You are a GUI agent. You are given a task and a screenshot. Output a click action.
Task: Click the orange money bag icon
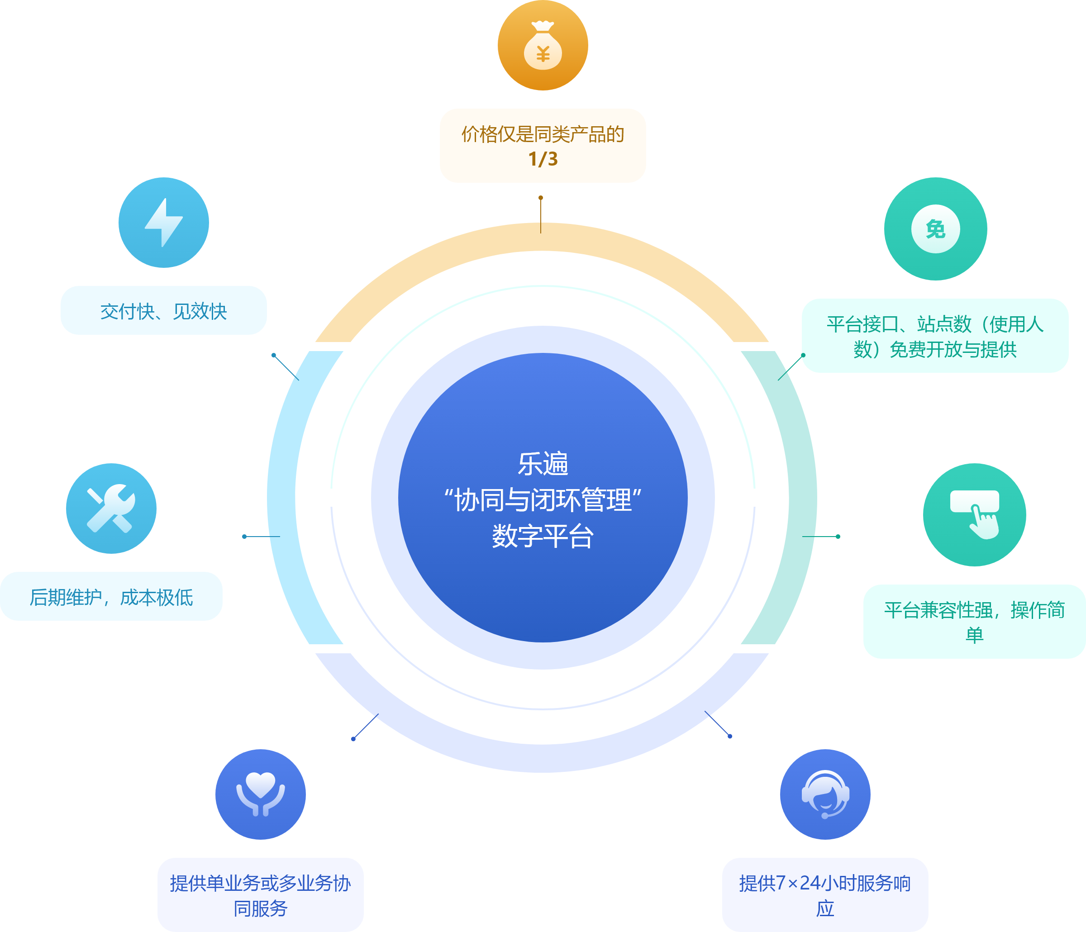pyautogui.click(x=543, y=46)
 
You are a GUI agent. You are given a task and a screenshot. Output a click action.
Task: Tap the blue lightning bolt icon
pyautogui.click(x=163, y=222)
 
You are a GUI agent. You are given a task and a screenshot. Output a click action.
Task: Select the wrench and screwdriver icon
pyautogui.click(x=111, y=509)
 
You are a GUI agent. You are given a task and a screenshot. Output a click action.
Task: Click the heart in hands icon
pyautogui.click(x=261, y=794)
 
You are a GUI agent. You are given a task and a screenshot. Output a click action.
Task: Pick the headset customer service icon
pyautogui.click(x=825, y=794)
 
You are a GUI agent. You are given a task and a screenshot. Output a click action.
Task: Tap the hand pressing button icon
pyautogui.click(x=974, y=514)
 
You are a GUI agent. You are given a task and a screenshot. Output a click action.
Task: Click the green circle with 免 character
pyautogui.click(x=936, y=229)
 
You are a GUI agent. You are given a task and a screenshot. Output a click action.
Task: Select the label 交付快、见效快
pyautogui.click(x=163, y=311)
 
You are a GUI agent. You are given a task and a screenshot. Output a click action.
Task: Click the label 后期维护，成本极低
pyautogui.click(x=111, y=596)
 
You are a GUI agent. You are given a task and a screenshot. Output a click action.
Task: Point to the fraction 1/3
pyautogui.click(x=543, y=159)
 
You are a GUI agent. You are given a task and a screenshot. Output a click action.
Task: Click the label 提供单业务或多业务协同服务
pyautogui.click(x=261, y=895)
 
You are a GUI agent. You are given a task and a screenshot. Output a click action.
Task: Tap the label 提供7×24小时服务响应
pyautogui.click(x=825, y=895)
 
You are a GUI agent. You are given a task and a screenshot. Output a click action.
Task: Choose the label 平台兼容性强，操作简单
pyautogui.click(x=974, y=622)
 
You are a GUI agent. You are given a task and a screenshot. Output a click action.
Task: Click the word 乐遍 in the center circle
pyautogui.click(x=543, y=464)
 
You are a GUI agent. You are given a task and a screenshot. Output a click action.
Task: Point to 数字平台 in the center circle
pyautogui.click(x=543, y=536)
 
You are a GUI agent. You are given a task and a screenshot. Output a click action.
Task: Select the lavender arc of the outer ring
pyautogui.click(x=543, y=757)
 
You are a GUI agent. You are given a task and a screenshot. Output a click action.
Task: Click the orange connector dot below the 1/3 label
pyautogui.click(x=540, y=198)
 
